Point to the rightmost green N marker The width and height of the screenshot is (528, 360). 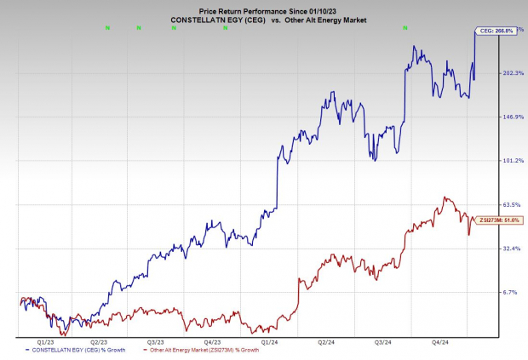coord(405,27)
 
